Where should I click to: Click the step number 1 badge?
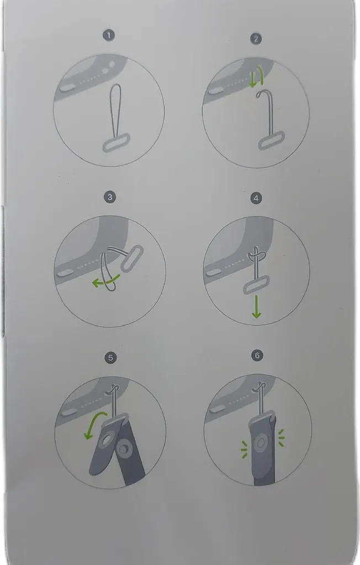point(109,35)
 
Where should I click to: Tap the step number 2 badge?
point(256,39)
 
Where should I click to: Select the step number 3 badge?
point(110,197)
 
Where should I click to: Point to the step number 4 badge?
point(256,198)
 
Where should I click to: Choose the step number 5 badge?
point(110,358)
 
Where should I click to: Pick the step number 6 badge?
point(257,356)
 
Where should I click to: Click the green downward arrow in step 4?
point(256,307)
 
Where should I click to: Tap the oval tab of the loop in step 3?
point(131,258)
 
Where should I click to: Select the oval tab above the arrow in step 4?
point(256,285)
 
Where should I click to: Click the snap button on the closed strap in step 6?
point(261,443)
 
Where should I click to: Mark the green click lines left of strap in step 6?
point(244,449)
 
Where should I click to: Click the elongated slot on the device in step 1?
point(66,88)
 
